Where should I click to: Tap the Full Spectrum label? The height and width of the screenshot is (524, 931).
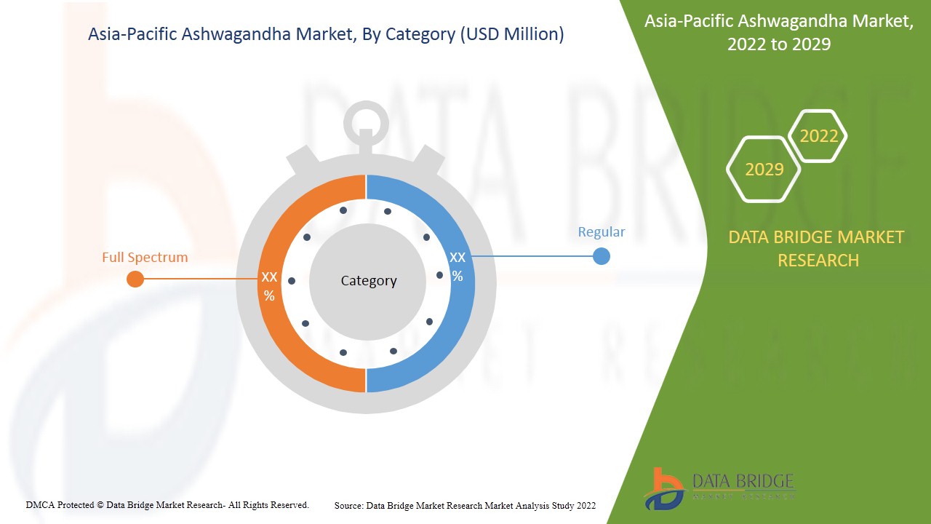[x=145, y=257]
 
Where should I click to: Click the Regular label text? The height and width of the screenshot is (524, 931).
[x=602, y=232]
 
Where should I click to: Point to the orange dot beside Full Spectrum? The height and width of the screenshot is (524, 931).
[x=135, y=279]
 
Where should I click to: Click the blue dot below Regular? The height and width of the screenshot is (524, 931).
[x=602, y=256]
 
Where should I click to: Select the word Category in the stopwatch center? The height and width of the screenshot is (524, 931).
[x=369, y=281]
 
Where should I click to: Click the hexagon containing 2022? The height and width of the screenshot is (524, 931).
[x=819, y=136]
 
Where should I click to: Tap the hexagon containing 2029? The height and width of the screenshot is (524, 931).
[x=764, y=170]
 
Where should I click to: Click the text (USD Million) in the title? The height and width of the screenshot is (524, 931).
[x=512, y=34]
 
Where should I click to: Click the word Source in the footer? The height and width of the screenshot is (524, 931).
[x=348, y=505]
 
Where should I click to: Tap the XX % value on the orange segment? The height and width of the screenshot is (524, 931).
[x=269, y=286]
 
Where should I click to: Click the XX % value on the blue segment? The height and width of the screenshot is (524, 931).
[x=457, y=266]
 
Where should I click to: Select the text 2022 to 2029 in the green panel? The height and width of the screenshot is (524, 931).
[x=779, y=44]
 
